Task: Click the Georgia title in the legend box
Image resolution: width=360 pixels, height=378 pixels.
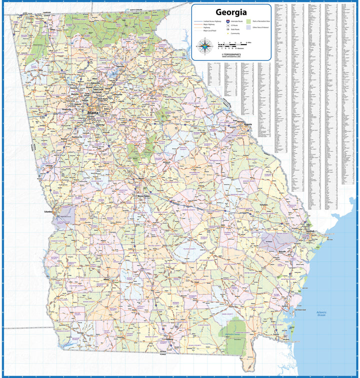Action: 230,12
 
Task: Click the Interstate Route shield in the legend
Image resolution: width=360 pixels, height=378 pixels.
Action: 228,23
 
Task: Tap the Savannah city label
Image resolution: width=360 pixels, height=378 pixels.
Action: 310,231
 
